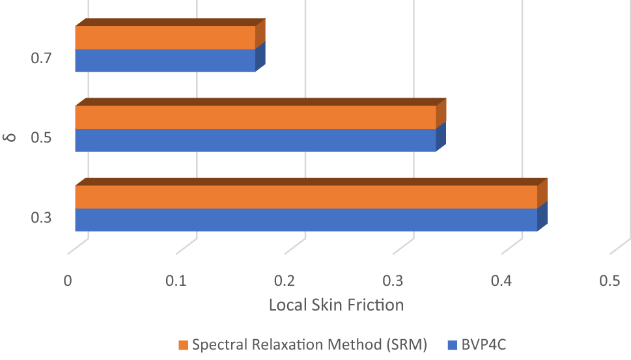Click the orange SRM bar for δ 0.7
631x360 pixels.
(165, 38)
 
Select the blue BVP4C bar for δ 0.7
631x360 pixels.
(165, 61)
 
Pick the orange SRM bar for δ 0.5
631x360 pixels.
(255, 117)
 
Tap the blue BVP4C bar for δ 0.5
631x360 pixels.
(255, 140)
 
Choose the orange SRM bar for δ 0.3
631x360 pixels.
(306, 197)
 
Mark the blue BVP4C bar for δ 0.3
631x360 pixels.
(306, 219)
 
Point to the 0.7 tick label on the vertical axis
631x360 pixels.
(40, 59)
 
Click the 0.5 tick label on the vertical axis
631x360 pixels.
(40, 138)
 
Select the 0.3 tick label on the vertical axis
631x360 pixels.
(40, 217)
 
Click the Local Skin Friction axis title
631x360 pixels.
(336, 305)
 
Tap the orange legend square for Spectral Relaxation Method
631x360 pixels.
(183, 344)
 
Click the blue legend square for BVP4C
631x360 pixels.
(453, 344)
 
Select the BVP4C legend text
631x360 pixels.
(484, 344)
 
